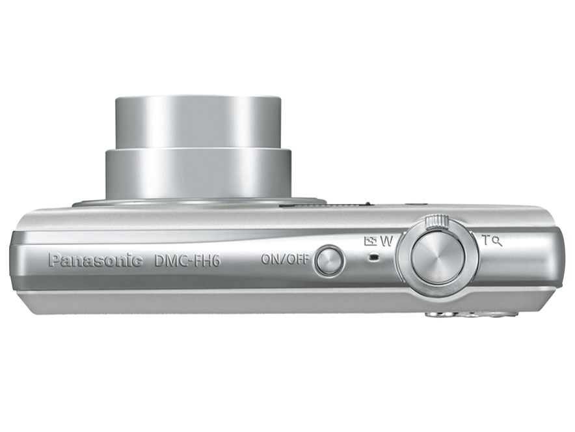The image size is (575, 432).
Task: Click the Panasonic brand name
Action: pyautogui.click(x=95, y=261)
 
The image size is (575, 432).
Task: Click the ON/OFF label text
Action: pyautogui.click(x=284, y=259)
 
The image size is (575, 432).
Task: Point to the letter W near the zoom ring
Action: pyautogui.click(x=387, y=240)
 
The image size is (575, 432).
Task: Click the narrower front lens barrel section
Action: pyautogui.click(x=198, y=122)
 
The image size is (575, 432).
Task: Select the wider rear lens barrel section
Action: pyautogui.click(x=198, y=173)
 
